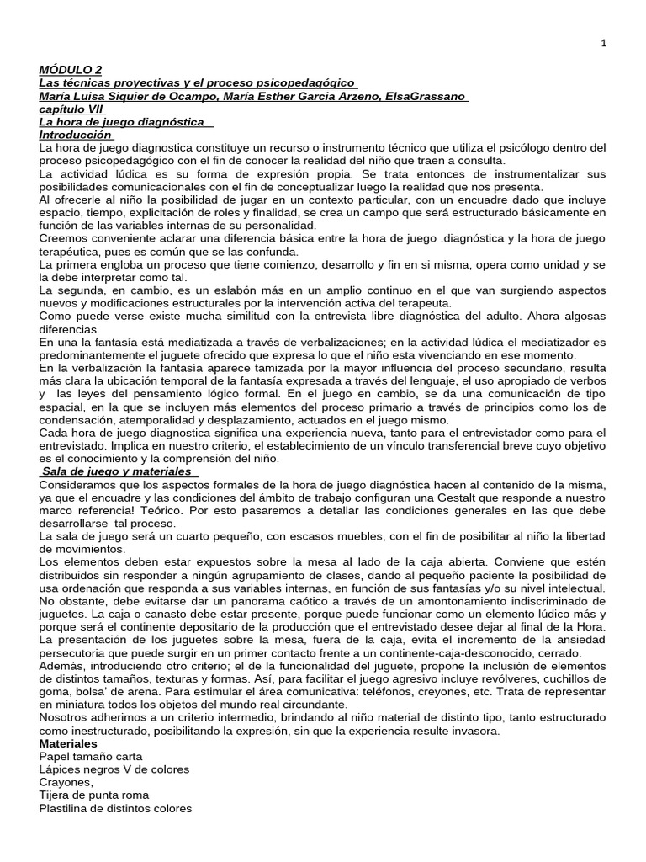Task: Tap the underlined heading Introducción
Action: click(x=75, y=135)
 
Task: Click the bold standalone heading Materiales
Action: click(x=68, y=744)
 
